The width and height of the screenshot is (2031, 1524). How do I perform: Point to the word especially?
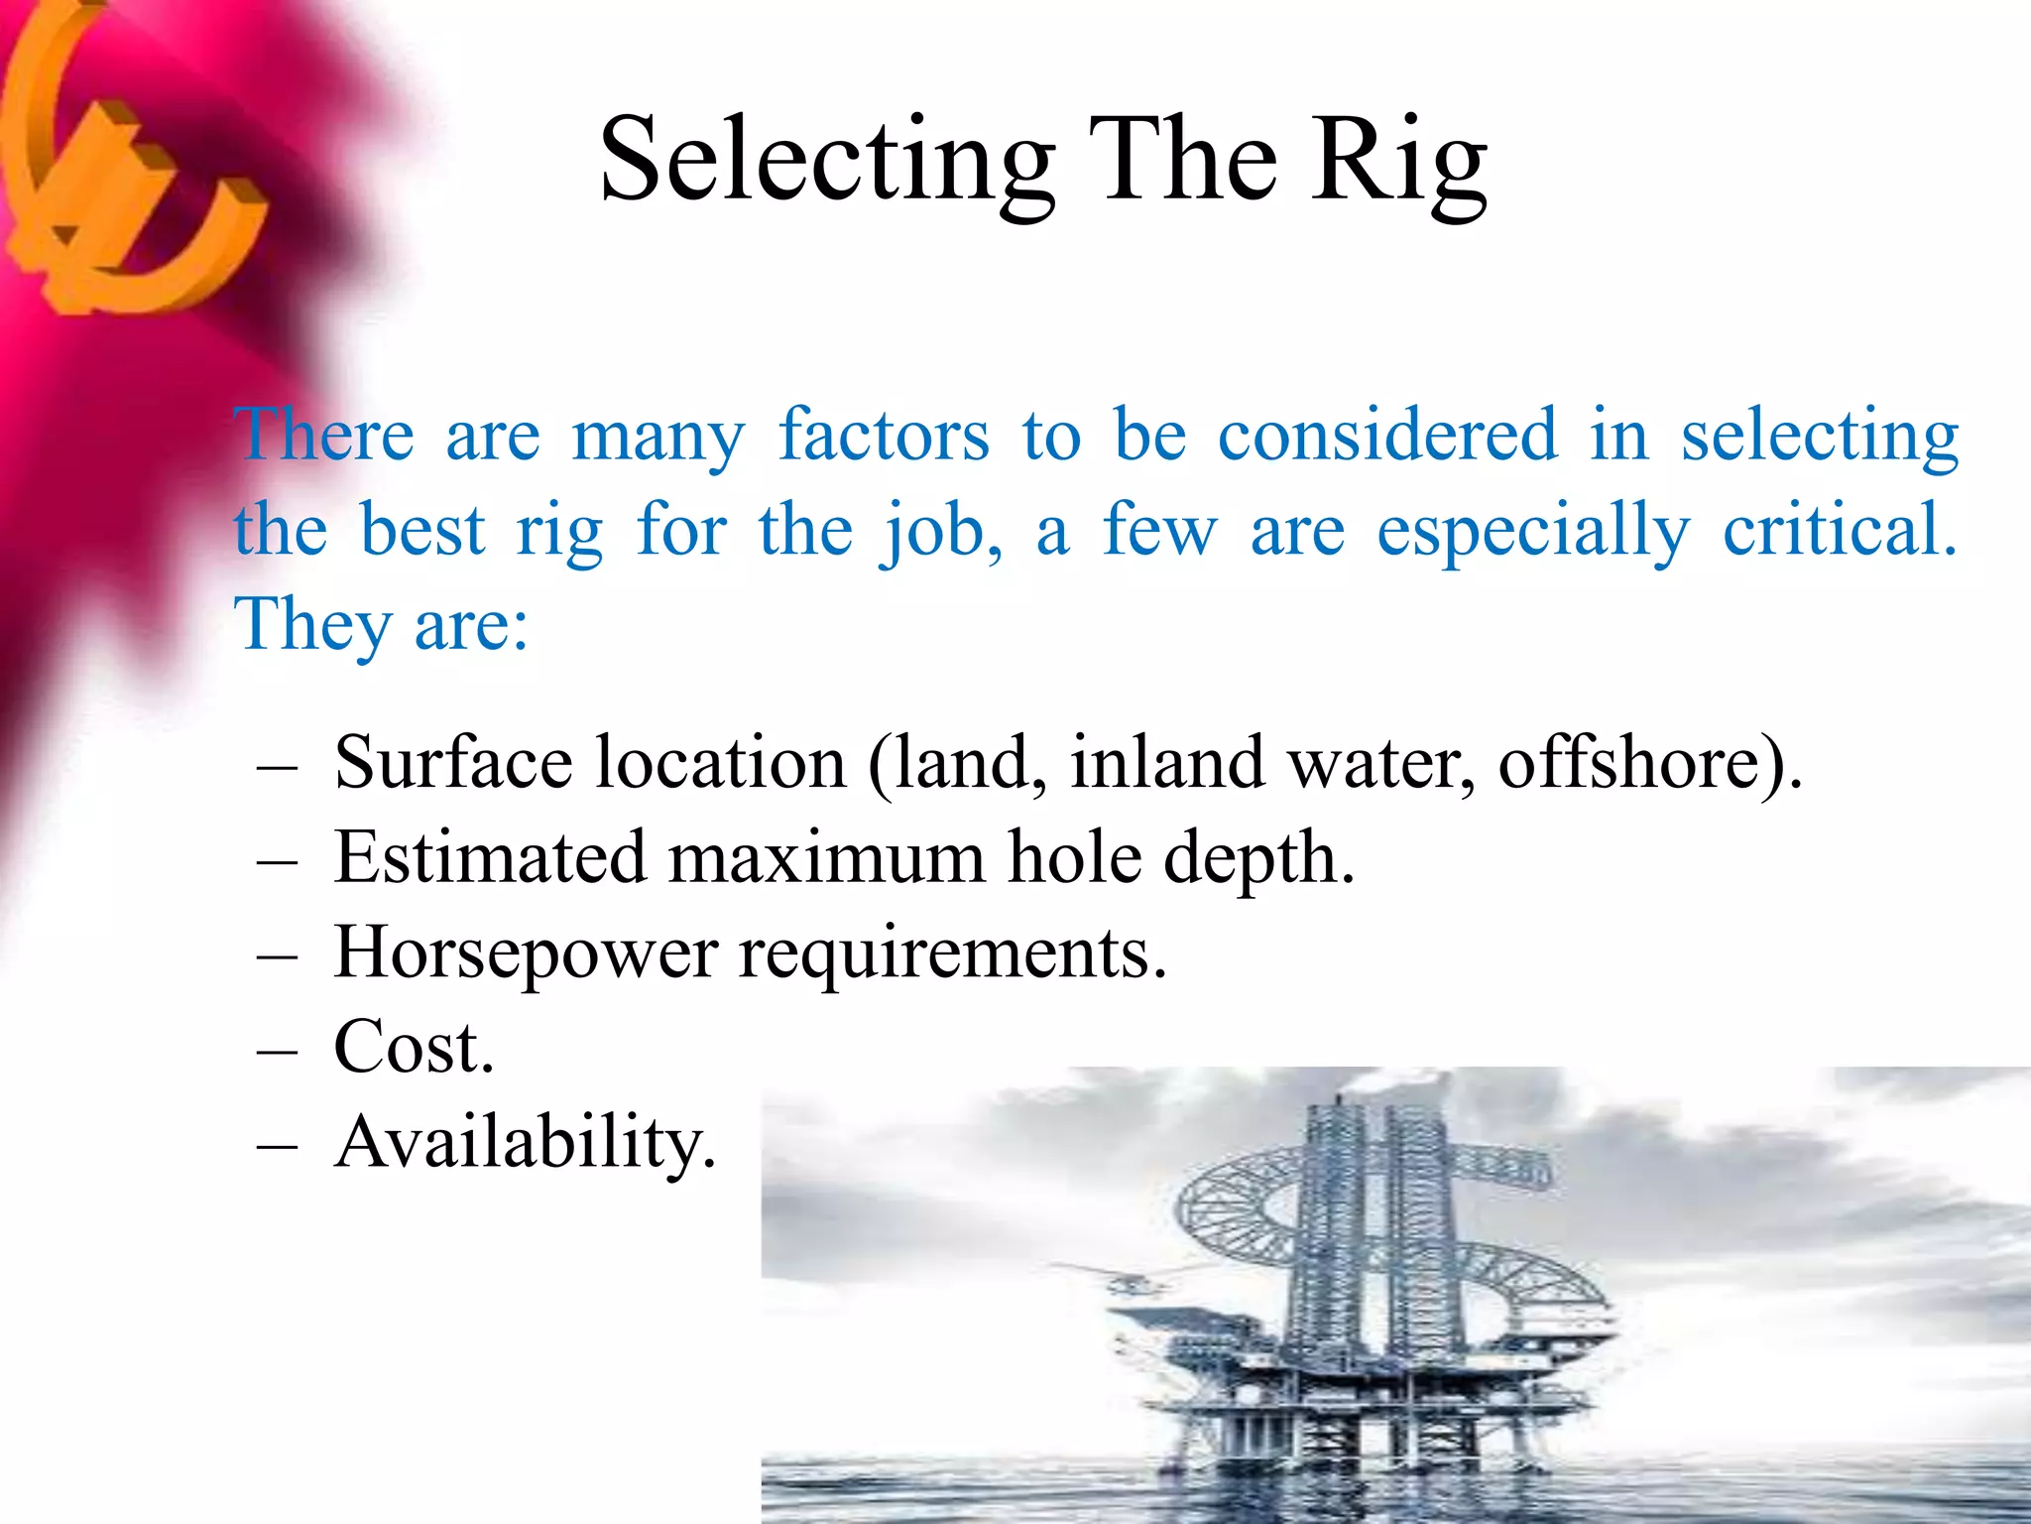1533,531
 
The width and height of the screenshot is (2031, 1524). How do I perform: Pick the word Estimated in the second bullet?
490,857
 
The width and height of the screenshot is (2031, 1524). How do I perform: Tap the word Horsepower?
526,953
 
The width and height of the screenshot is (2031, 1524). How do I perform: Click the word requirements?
952,953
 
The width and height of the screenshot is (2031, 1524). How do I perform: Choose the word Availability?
525,1143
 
